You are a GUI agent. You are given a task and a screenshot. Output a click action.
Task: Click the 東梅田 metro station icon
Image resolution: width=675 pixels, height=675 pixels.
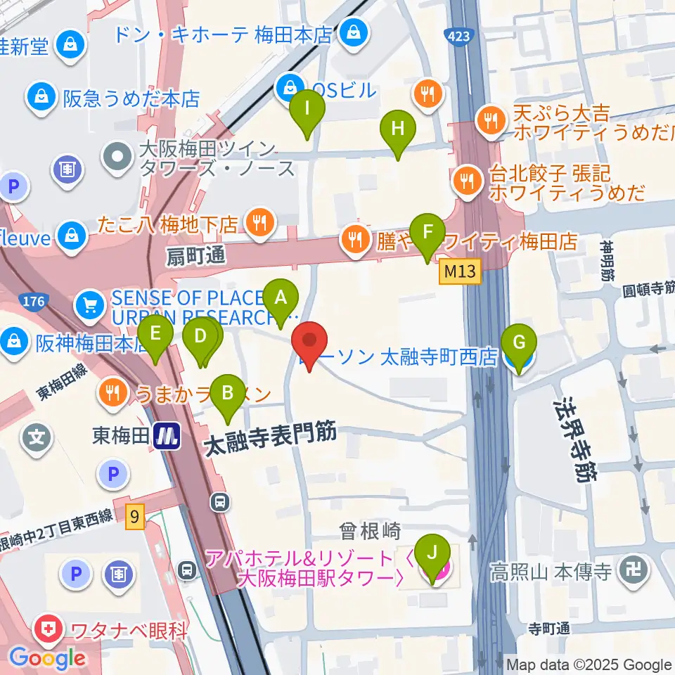click(167, 437)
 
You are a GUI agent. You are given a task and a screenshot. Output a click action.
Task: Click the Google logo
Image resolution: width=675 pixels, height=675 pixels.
click(47, 658)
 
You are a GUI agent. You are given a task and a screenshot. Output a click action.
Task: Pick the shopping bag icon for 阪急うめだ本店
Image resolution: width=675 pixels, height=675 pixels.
click(41, 98)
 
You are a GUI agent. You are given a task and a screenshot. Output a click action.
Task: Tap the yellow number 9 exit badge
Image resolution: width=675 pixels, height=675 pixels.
click(135, 517)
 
